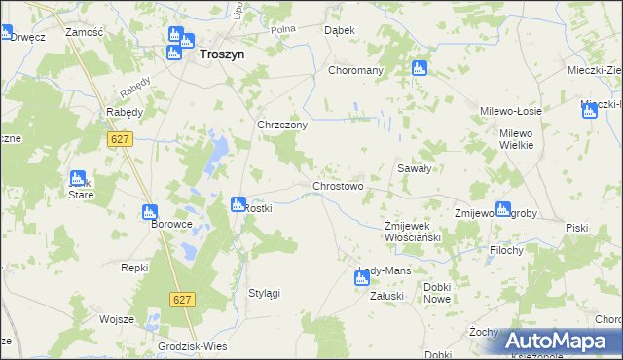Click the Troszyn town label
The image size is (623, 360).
click(221, 55)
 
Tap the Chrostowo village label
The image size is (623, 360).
click(337, 186)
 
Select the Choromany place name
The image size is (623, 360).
click(355, 71)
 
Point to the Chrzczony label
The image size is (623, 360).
click(282, 126)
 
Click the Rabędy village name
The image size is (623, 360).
click(125, 112)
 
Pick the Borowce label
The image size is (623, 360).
click(171, 224)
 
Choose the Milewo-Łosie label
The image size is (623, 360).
click(511, 112)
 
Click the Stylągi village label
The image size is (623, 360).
click(265, 293)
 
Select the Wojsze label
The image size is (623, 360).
click(116, 319)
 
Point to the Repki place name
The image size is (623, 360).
click(134, 268)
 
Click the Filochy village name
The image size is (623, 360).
click(507, 250)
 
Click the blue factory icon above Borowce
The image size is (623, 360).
click(149, 211)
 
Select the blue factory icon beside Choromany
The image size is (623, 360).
click(420, 68)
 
